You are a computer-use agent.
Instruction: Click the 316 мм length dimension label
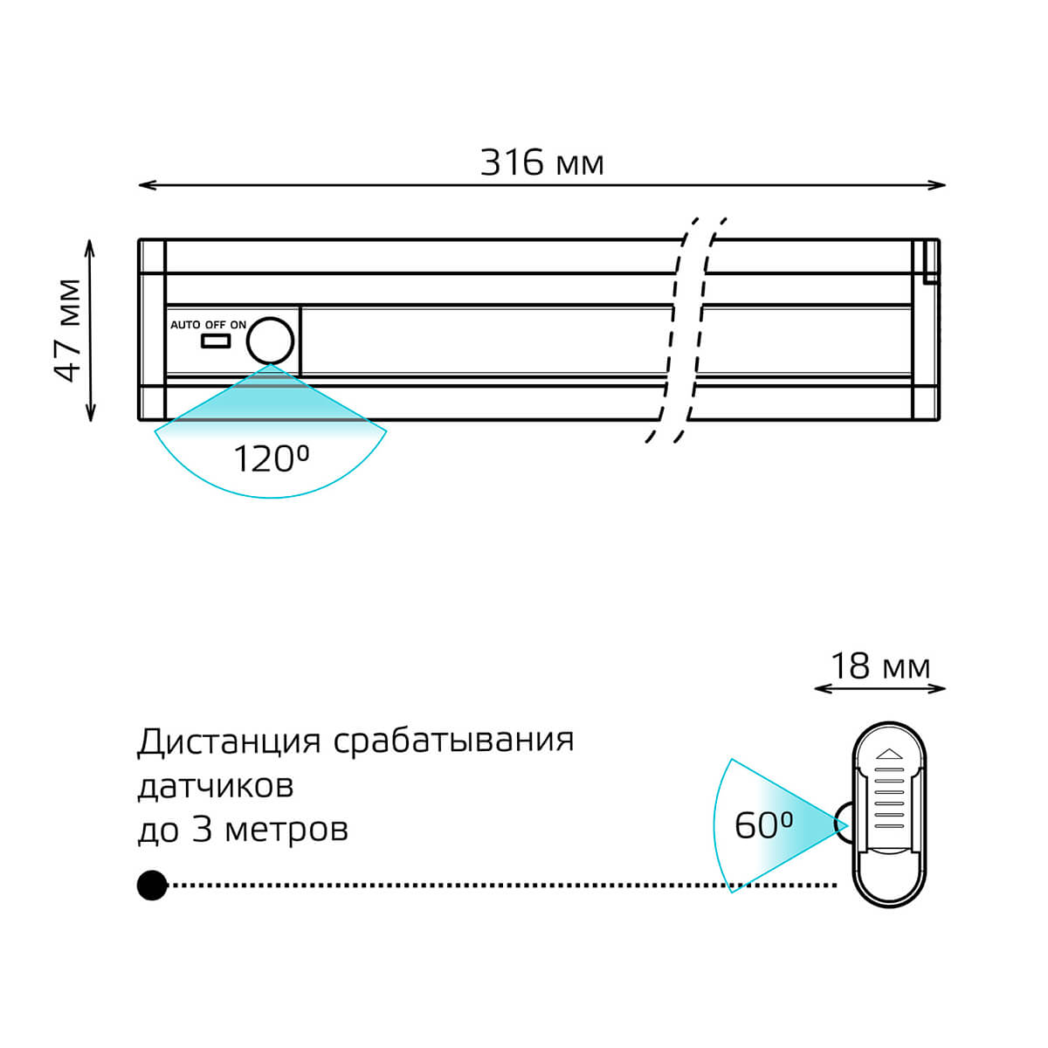(541, 162)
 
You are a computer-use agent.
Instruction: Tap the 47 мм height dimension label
(68, 330)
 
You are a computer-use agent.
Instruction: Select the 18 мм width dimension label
(879, 666)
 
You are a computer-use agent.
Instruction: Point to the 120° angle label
(271, 459)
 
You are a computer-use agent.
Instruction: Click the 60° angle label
(763, 824)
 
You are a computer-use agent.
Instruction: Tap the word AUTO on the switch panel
(185, 325)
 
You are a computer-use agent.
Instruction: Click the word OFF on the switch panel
(215, 325)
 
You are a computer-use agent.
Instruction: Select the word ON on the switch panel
(238, 325)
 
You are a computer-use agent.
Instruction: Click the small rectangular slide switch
(215, 340)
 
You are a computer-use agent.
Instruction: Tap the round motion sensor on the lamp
(270, 341)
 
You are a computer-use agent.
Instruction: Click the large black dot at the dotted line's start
(152, 886)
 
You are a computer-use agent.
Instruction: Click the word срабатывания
(453, 741)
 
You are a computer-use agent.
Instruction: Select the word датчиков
(215, 786)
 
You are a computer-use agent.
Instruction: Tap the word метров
(286, 829)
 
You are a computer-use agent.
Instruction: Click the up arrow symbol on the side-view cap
(888, 752)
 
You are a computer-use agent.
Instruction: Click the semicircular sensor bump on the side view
(844, 823)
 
